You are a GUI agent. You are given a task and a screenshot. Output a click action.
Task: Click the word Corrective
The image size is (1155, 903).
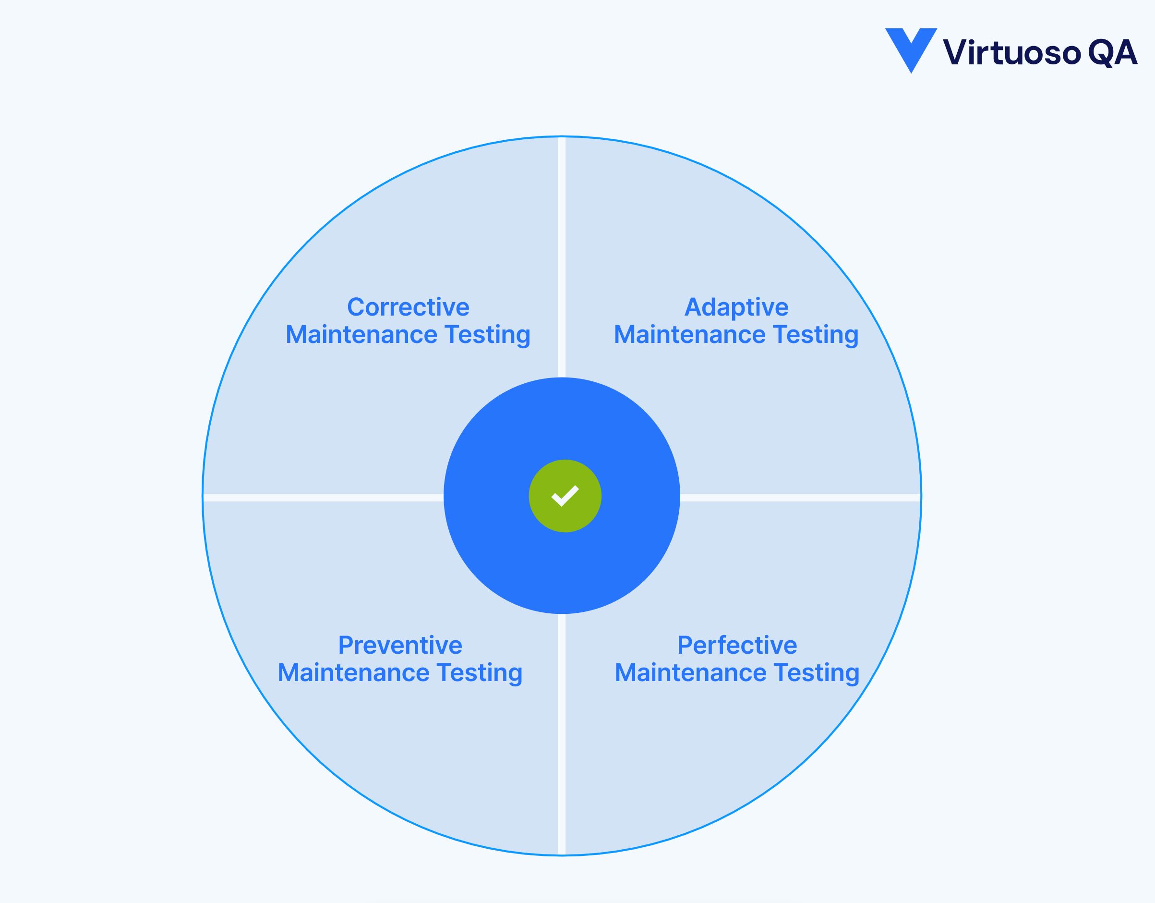pos(408,307)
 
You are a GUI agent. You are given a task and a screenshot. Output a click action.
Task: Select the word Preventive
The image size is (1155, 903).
pos(400,646)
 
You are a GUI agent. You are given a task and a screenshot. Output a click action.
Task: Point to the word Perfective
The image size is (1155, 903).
pos(737,646)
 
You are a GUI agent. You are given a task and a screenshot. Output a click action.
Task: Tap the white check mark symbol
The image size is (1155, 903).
pos(565,496)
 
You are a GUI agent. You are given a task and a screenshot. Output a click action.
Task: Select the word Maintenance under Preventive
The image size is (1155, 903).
pos(353,673)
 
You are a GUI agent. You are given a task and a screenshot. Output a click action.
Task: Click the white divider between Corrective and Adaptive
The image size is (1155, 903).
pos(562,254)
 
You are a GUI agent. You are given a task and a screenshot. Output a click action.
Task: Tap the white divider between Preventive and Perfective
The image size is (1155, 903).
pos(562,735)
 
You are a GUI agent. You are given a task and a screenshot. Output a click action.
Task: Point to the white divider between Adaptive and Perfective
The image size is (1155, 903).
pos(798,497)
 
